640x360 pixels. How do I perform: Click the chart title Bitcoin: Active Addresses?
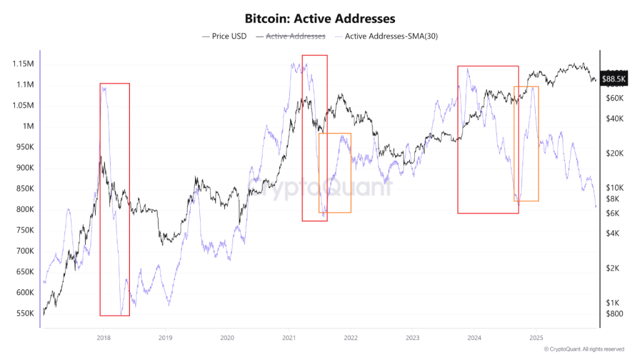click(x=319, y=19)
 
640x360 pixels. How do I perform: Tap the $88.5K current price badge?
click(x=613, y=79)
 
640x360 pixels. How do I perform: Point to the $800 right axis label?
click(x=614, y=313)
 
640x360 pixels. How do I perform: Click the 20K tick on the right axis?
click(x=616, y=154)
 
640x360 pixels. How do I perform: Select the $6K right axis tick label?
click(x=614, y=213)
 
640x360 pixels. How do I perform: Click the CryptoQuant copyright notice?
click(x=584, y=349)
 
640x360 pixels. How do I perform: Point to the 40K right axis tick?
click(x=616, y=119)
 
